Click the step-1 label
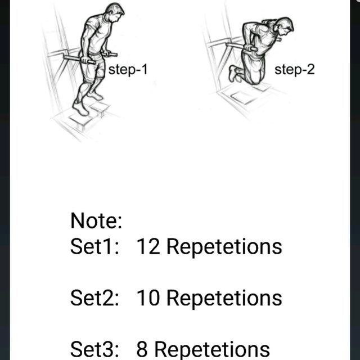click(128, 70)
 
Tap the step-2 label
click(294, 70)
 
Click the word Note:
click(96, 220)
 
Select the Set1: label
click(94, 246)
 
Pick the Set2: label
click(94, 298)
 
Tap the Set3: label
click(94, 349)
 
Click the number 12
click(148, 246)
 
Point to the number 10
click(148, 298)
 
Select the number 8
click(142, 349)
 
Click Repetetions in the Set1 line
click(224, 246)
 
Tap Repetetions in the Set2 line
click(224, 298)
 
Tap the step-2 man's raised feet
click(233, 73)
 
